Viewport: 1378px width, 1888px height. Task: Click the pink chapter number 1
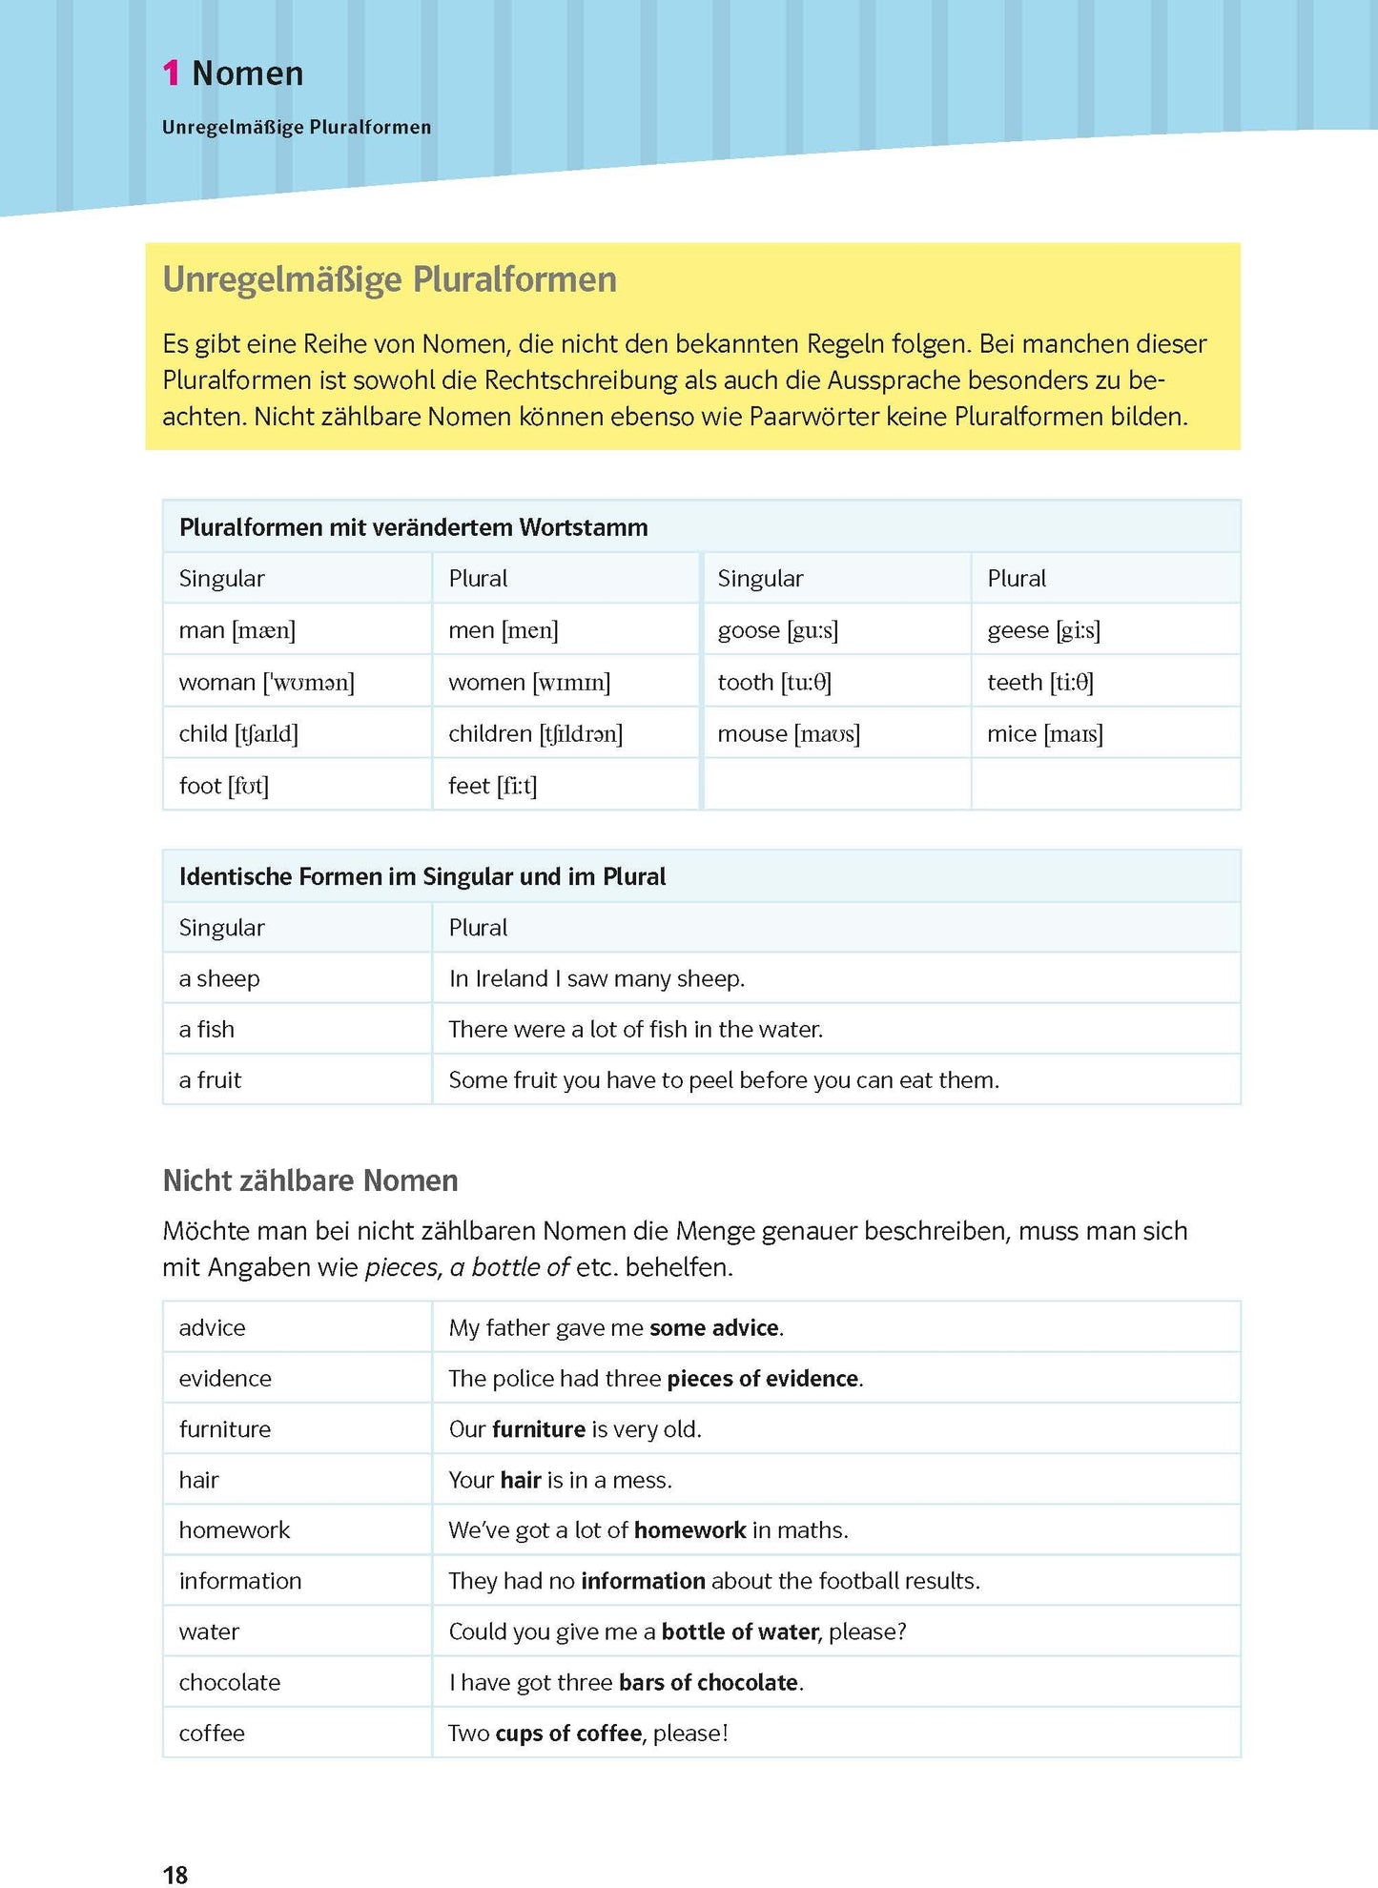pyautogui.click(x=171, y=73)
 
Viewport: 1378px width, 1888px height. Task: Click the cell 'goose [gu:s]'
pyautogui.click(x=777, y=630)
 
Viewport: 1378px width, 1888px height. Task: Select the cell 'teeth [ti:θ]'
pyautogui.click(x=1039, y=682)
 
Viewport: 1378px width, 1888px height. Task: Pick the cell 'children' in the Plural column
pyautogui.click(x=535, y=733)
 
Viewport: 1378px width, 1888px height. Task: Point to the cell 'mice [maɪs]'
pyautogui.click(x=1044, y=733)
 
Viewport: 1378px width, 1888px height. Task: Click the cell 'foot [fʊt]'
pyautogui.click(x=223, y=786)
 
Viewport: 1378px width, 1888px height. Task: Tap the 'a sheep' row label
pyautogui.click(x=219, y=978)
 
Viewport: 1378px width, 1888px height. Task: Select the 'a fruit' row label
pyautogui.click(x=210, y=1080)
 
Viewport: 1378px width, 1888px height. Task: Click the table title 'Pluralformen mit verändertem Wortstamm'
pyautogui.click(x=413, y=527)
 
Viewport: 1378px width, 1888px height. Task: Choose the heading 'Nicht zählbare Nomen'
pyautogui.click(x=310, y=1180)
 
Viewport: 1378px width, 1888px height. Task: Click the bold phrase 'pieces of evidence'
pyautogui.click(x=762, y=1379)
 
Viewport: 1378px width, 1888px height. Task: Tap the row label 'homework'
pyautogui.click(x=234, y=1530)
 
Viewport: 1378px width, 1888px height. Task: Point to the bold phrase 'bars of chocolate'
pyautogui.click(x=708, y=1682)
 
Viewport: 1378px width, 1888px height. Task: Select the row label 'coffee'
pyautogui.click(x=212, y=1733)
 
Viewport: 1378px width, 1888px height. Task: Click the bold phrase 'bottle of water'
pyautogui.click(x=740, y=1631)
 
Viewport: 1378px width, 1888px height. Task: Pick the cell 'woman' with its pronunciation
pyautogui.click(x=266, y=682)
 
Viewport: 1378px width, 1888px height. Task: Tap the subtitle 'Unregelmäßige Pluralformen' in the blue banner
pyautogui.click(x=297, y=127)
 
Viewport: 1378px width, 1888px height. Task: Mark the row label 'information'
pyautogui.click(x=239, y=1581)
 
